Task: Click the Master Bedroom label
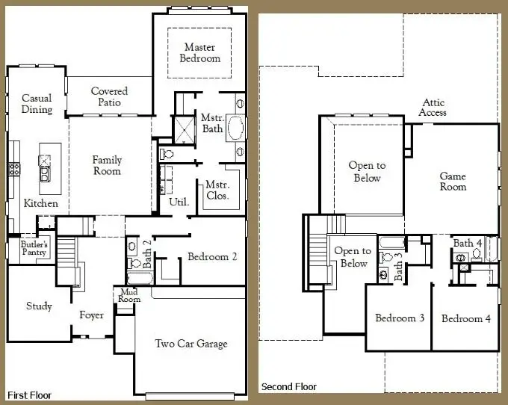click(x=200, y=52)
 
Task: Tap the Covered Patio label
click(x=109, y=96)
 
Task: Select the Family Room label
click(x=107, y=165)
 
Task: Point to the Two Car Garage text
click(x=191, y=344)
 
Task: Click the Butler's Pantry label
click(x=34, y=248)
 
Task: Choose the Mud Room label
click(x=129, y=295)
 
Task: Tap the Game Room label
click(x=453, y=182)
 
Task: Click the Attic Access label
click(x=433, y=108)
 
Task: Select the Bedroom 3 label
click(x=400, y=318)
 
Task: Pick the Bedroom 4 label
click(x=466, y=319)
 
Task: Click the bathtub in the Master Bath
click(x=235, y=127)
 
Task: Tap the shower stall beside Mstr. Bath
click(x=185, y=130)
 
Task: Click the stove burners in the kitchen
click(x=14, y=169)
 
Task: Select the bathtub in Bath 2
click(x=140, y=278)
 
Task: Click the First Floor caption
click(x=29, y=395)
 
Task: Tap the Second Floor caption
click(x=288, y=387)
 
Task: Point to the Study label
click(x=39, y=306)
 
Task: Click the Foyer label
click(x=91, y=315)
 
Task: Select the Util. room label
click(x=179, y=202)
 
